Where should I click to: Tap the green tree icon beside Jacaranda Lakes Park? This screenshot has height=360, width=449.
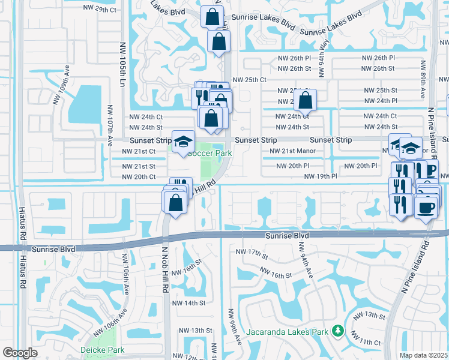tap(338, 331)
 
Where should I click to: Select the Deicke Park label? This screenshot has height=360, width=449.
tap(103, 350)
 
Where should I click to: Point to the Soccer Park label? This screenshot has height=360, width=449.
tap(209, 153)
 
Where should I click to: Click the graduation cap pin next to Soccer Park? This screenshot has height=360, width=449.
tap(184, 142)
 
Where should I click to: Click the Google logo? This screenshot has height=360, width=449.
tap(20, 353)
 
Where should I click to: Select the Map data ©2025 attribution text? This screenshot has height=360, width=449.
tap(424, 355)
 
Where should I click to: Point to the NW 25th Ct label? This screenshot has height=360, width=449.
tap(249, 79)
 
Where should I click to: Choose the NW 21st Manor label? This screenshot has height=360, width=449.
tap(292, 151)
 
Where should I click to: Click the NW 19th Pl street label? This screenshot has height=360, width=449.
tap(320, 176)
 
